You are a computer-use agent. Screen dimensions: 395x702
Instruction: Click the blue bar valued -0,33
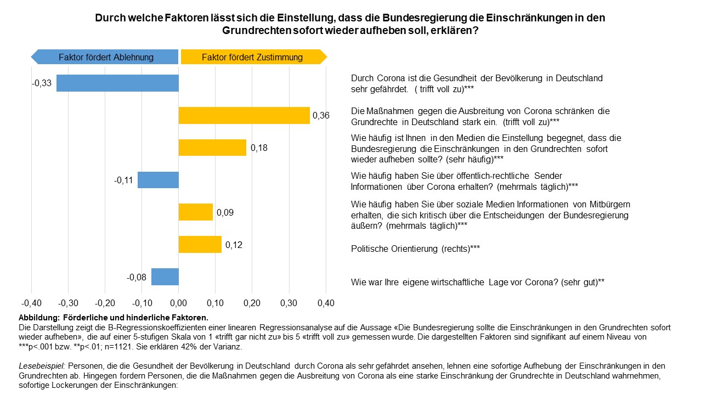click(117, 83)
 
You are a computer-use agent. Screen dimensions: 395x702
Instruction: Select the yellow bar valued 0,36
click(244, 115)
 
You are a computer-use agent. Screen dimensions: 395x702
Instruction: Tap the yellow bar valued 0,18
click(212, 148)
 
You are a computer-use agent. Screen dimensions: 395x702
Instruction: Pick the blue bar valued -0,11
click(158, 180)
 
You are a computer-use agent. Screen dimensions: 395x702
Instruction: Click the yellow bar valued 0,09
click(196, 212)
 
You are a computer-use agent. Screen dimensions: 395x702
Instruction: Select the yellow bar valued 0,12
click(200, 245)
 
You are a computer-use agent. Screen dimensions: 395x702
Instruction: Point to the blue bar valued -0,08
click(165, 277)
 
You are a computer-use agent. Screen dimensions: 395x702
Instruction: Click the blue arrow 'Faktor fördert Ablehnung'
click(105, 57)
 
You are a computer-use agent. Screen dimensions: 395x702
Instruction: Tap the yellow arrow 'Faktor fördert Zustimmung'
click(253, 57)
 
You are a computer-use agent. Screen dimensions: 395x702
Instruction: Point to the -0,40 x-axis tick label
click(31, 303)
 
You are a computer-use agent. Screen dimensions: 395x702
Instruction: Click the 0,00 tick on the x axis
click(179, 303)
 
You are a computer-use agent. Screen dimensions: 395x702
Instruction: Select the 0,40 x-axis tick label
click(326, 303)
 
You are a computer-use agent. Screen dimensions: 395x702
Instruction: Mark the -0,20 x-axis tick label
click(105, 303)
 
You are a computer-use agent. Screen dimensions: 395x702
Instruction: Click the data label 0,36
click(321, 116)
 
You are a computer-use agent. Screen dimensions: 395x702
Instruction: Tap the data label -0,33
click(42, 83)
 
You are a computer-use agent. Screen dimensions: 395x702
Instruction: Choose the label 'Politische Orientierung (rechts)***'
click(415, 249)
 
